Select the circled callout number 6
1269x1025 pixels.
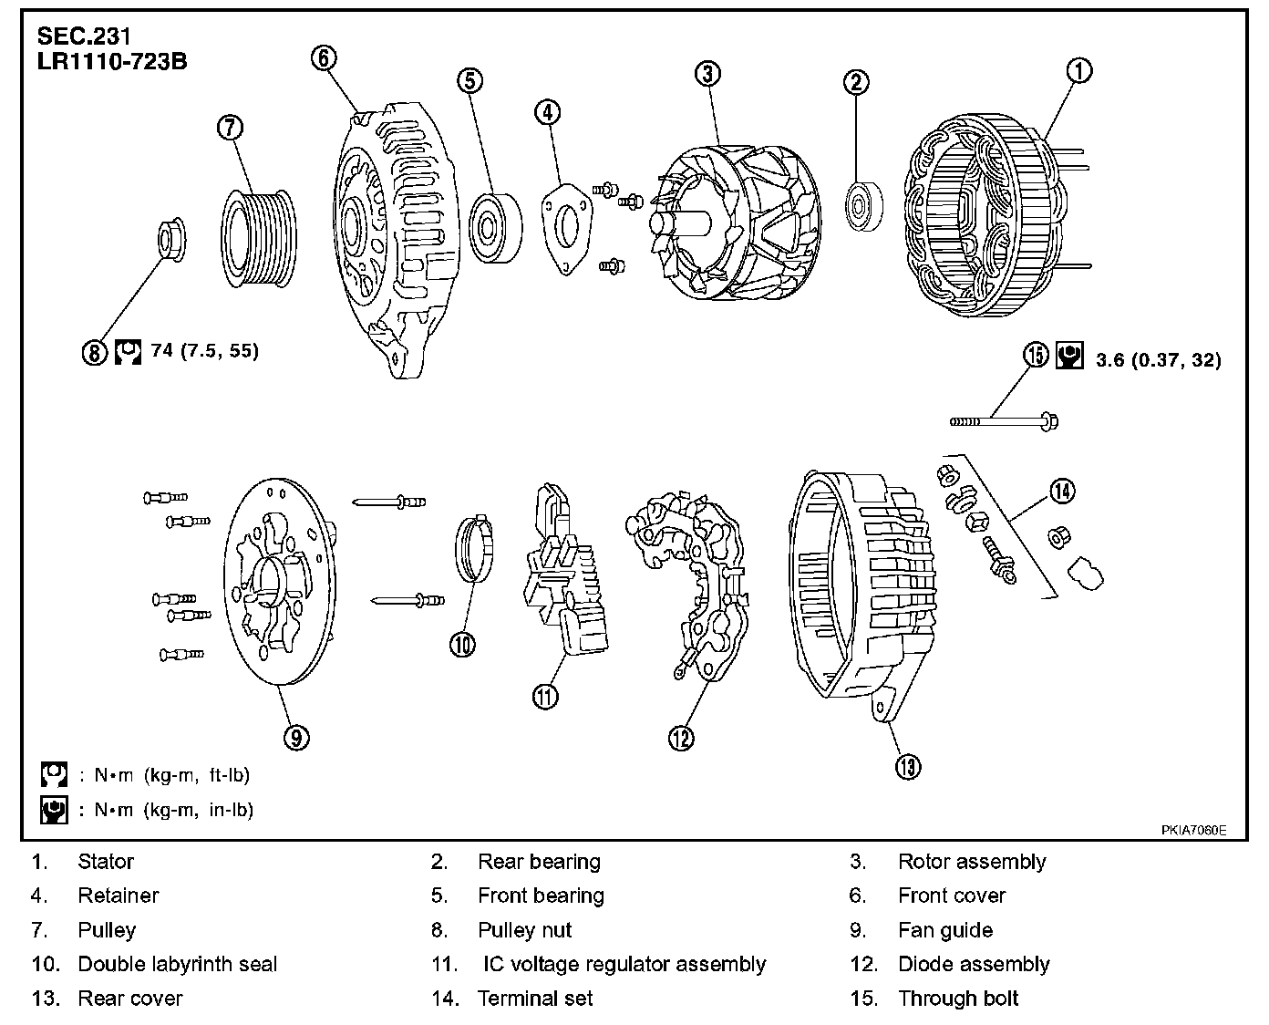pos(324,57)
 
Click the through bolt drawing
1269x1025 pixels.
pos(1004,421)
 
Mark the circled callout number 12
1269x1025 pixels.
pos(681,737)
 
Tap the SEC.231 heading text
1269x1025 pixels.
pos(84,37)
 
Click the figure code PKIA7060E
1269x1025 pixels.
pos(1193,831)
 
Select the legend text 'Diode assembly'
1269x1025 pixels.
pos(974,964)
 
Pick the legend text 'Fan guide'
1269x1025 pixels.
pos(945,930)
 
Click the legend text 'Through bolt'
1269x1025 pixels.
pos(958,999)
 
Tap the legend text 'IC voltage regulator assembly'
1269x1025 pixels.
pos(624,964)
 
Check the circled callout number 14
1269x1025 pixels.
pos(1061,491)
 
